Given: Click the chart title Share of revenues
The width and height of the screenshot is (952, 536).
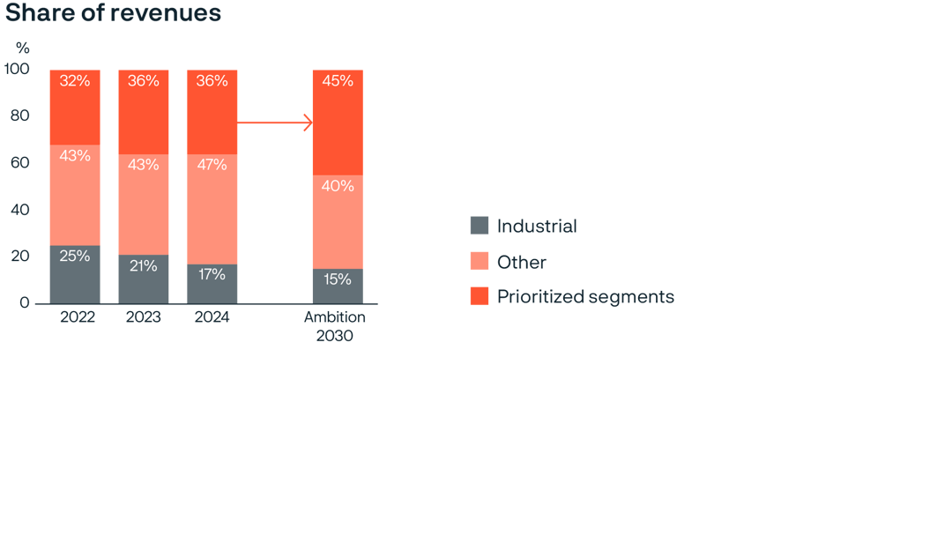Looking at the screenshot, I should [113, 14].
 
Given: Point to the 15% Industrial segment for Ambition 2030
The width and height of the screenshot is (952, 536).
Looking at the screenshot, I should [338, 287].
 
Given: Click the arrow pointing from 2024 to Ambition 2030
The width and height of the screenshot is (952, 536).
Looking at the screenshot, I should [275, 123].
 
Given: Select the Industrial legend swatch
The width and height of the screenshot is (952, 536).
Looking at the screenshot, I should [480, 226].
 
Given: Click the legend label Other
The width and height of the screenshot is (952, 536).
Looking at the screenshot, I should [521, 262].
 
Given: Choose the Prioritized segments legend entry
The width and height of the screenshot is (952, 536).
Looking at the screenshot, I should [585, 297].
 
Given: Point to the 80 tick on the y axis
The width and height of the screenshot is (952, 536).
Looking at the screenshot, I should [19, 115].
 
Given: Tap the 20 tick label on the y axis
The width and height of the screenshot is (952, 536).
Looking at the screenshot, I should [19, 257].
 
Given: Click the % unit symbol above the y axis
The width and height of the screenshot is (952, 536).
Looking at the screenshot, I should [23, 48].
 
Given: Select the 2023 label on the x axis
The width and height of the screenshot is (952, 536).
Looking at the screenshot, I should [144, 317].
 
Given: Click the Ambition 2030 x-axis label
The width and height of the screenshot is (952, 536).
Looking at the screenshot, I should [335, 326].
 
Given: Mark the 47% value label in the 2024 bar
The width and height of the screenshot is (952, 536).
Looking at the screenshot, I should [212, 164].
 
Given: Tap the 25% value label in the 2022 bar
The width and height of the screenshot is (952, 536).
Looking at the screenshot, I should [75, 256].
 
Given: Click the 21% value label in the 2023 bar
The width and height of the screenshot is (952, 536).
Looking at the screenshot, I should [144, 265].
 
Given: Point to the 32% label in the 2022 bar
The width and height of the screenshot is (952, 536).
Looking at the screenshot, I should [75, 81].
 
